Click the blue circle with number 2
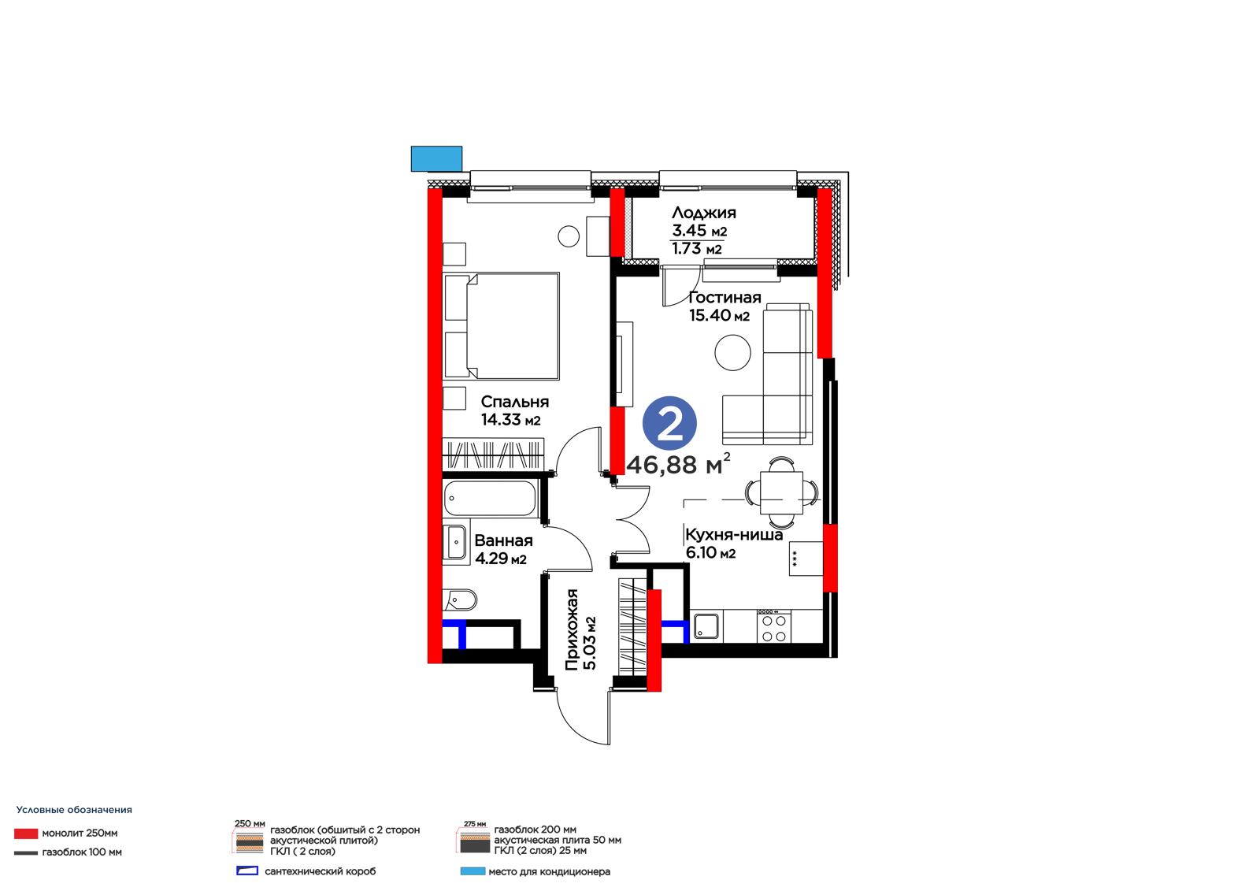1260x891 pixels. (x=669, y=423)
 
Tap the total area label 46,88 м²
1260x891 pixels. (x=678, y=464)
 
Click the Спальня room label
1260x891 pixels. (x=515, y=402)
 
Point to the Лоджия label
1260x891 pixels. (x=704, y=213)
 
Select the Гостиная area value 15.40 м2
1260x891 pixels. (x=720, y=315)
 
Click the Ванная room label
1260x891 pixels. (x=503, y=540)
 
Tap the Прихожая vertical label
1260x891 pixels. (x=572, y=629)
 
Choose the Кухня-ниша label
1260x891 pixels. (x=734, y=535)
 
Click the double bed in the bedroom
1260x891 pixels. (x=502, y=326)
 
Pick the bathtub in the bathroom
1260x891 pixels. (x=490, y=498)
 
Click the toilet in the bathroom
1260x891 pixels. (x=460, y=600)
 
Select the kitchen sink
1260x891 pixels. (x=706, y=626)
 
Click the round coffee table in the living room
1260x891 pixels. (x=732, y=352)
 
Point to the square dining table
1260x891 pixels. (x=781, y=492)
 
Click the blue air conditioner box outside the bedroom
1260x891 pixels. (x=436, y=158)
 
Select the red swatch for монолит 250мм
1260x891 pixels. (x=26, y=833)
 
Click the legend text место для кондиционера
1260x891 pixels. (x=549, y=872)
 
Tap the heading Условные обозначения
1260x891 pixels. (x=74, y=810)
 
